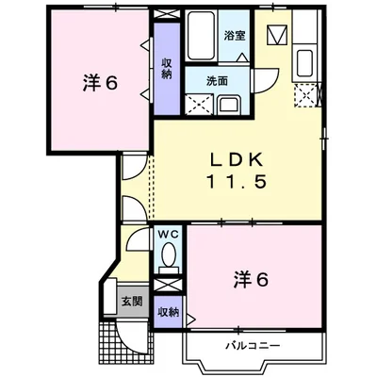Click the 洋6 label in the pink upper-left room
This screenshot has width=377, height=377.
tap(99, 83)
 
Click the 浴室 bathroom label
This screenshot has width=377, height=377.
tap(235, 37)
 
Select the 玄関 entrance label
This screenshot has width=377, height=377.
tap(131, 302)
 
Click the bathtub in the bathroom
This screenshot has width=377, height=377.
tap(200, 38)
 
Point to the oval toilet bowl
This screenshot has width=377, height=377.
tap(168, 255)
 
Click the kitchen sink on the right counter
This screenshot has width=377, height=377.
tap(305, 64)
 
